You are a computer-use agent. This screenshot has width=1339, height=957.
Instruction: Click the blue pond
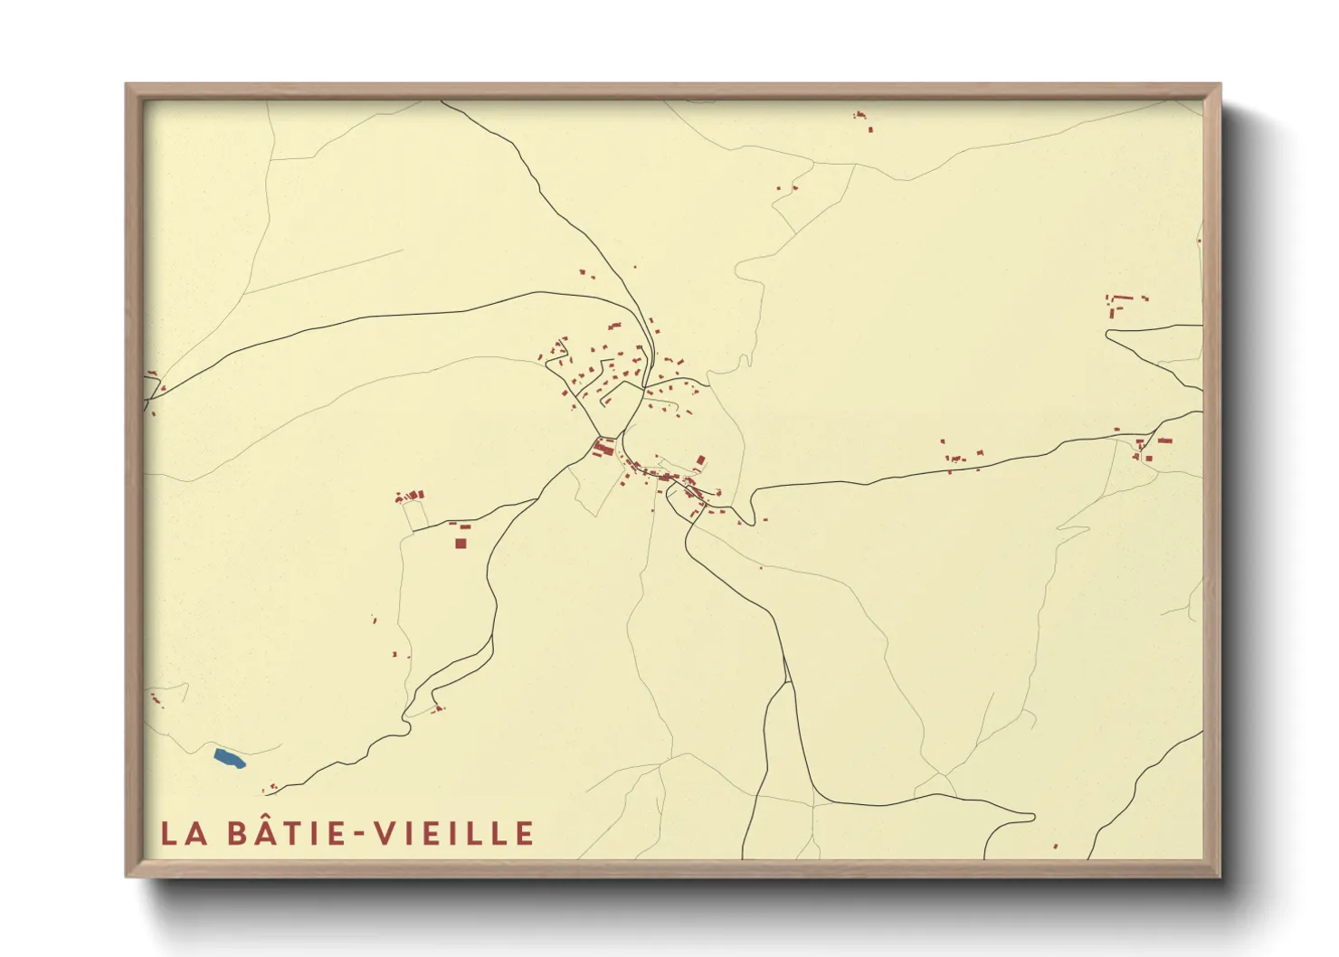tap(229, 758)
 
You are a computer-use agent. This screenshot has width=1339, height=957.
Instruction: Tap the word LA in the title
tap(185, 834)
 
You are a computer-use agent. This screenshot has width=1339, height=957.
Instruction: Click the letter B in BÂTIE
tap(238, 834)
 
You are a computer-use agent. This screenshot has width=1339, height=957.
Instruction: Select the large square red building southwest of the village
tap(461, 543)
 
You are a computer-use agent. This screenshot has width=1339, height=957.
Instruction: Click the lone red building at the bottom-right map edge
tap(1056, 847)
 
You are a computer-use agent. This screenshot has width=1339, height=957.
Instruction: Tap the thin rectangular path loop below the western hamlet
tap(416, 516)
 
